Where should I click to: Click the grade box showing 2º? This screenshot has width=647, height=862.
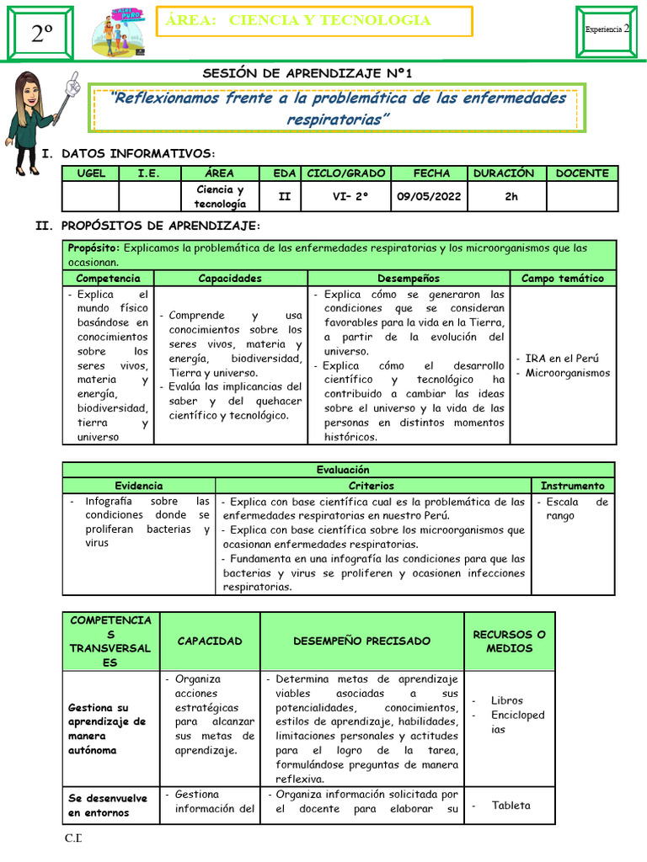(42, 35)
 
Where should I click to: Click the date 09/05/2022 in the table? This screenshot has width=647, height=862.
(432, 196)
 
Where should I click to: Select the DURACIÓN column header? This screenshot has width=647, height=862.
(504, 173)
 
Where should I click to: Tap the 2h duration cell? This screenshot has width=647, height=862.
(504, 196)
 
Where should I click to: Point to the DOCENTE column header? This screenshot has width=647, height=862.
(581, 173)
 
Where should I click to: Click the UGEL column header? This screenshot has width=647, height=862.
(91, 173)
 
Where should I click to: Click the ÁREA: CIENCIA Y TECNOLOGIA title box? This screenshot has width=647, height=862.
(314, 21)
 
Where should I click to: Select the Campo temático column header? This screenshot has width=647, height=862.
(562, 278)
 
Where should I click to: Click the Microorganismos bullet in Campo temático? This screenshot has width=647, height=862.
(567, 373)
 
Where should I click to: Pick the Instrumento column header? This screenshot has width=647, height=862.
(572, 486)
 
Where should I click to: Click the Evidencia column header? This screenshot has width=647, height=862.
(139, 486)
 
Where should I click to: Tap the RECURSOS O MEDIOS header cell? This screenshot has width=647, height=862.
(509, 641)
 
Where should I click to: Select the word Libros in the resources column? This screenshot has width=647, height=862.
(506, 700)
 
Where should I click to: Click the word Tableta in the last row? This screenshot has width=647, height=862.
(511, 805)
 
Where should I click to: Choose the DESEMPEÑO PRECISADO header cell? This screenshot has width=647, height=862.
(361, 641)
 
